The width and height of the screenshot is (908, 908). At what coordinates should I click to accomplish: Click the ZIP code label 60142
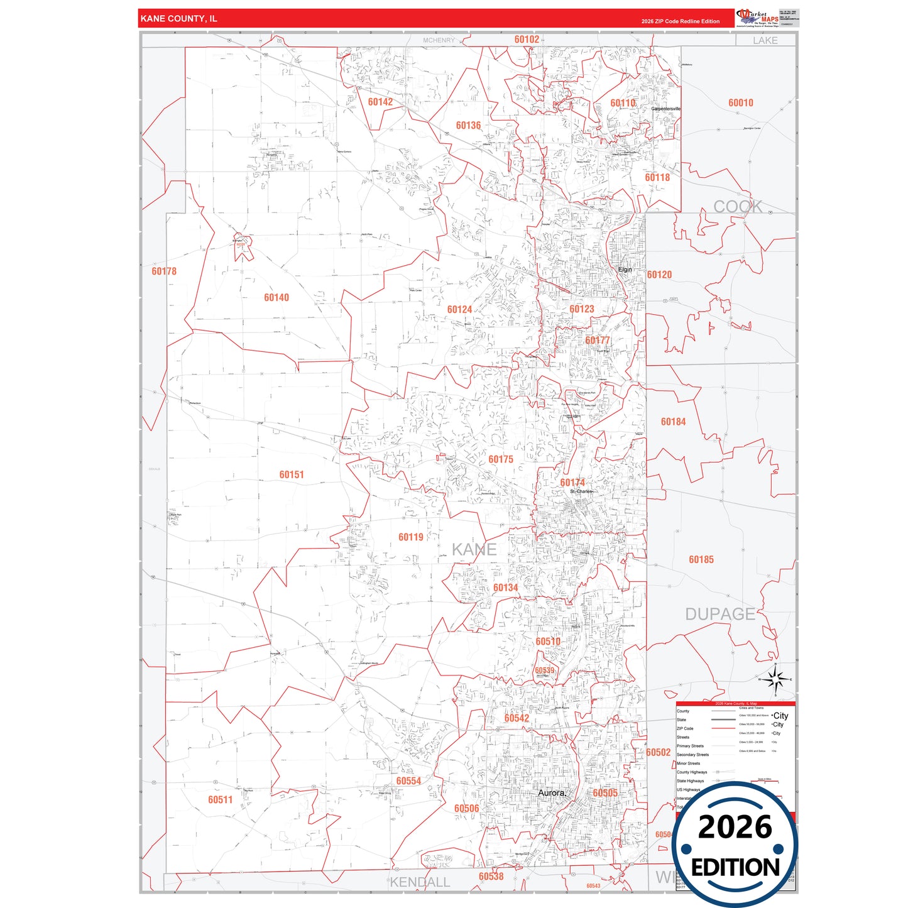coord(380,102)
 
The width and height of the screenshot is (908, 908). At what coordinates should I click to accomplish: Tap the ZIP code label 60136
coord(468,126)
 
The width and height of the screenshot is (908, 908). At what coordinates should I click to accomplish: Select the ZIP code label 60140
coord(276,298)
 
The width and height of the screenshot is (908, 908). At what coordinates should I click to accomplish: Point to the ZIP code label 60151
coord(292,475)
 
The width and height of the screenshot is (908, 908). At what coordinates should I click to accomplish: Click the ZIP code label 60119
coord(411,537)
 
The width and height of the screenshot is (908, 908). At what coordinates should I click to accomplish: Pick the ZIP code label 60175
coord(501,459)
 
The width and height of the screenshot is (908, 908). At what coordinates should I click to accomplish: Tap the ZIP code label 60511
coord(221,800)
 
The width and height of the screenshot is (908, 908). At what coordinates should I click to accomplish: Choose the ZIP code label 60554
coord(408,781)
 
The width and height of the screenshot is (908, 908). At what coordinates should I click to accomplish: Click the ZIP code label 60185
coord(701,560)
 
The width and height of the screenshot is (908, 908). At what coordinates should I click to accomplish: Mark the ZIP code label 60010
coord(741,103)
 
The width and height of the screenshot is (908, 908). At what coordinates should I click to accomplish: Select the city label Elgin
coord(625,270)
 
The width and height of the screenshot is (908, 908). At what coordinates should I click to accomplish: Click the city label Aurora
coord(552,793)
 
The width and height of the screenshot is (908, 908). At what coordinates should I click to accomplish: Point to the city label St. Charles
coord(581,491)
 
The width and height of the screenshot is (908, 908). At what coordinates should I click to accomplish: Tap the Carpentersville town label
coord(665,109)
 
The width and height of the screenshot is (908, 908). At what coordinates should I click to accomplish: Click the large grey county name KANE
coord(474,550)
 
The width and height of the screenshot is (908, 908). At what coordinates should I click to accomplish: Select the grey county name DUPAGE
coord(720,614)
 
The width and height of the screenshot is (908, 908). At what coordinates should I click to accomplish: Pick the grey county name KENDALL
coord(420,882)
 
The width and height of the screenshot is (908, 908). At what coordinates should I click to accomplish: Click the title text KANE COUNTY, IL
coord(179,19)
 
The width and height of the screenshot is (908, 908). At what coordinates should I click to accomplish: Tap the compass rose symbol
coord(775,679)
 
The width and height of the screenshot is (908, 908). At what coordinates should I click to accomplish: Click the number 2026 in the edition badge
coord(735,827)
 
